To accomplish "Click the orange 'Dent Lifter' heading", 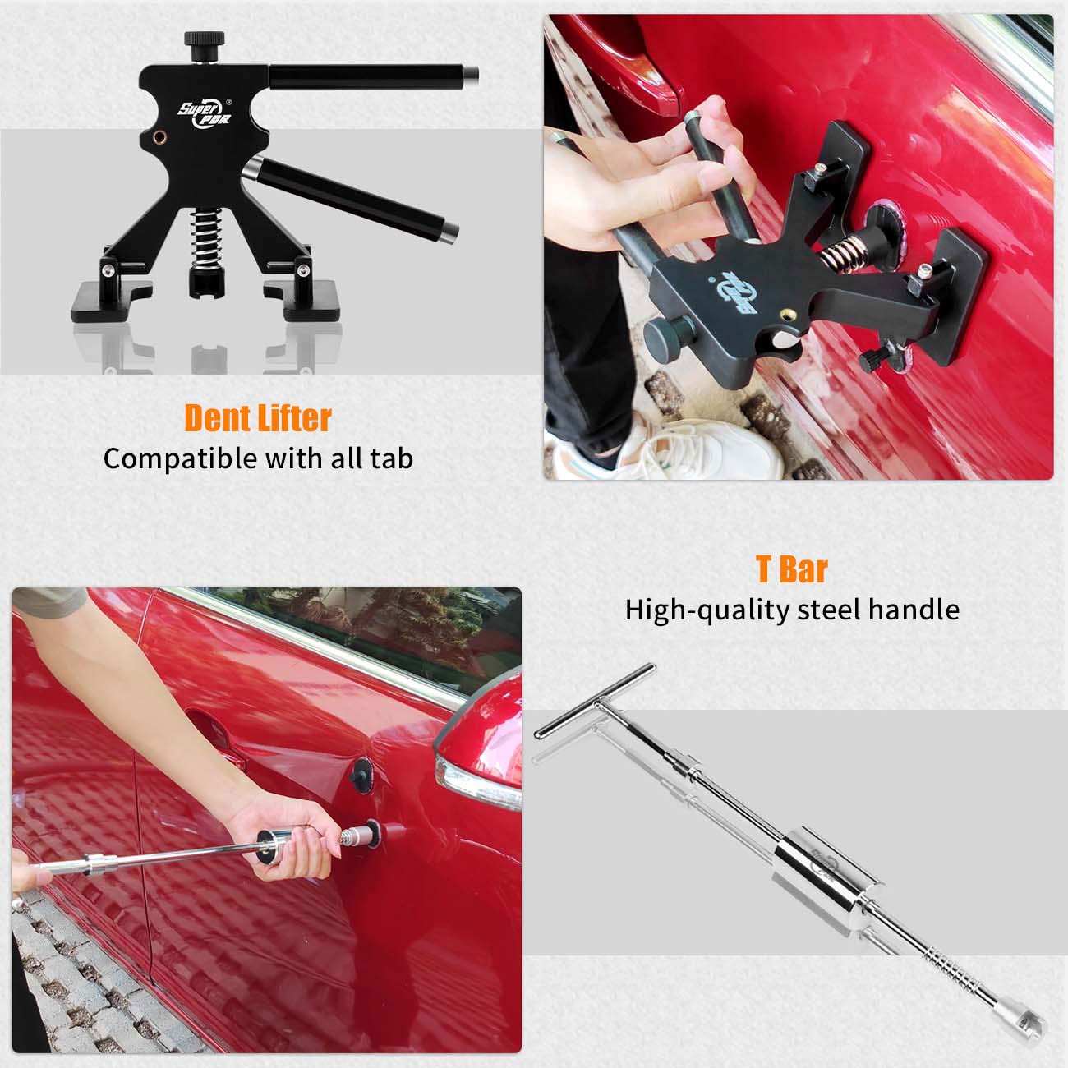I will point(257,418).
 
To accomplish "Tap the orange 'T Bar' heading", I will point(791,569).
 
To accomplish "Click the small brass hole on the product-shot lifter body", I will point(158,137).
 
